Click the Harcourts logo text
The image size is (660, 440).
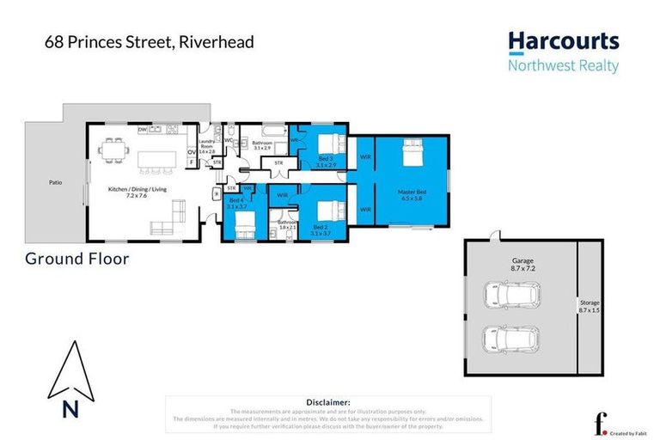[x=563, y=42]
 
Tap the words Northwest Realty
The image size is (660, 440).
[x=563, y=66]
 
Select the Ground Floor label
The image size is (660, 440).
[x=77, y=258]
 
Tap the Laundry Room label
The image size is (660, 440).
[x=206, y=148]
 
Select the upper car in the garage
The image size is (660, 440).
[x=512, y=296]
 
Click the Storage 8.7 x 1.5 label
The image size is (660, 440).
[x=589, y=307]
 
